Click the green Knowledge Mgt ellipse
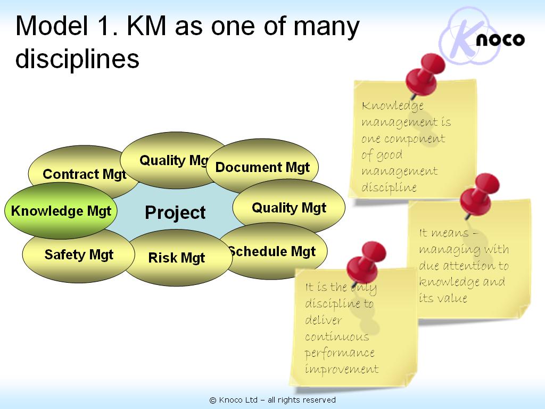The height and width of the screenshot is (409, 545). click(x=61, y=211)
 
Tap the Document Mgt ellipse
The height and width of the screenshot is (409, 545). click(x=262, y=167)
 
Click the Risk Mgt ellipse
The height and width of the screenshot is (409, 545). click(x=177, y=259)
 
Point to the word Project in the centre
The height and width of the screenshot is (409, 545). click(x=175, y=213)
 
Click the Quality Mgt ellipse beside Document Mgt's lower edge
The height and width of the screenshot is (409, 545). click(x=289, y=207)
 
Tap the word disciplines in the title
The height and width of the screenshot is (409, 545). click(x=77, y=59)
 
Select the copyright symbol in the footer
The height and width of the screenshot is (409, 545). click(x=213, y=400)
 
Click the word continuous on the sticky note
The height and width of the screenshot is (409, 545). click(x=337, y=337)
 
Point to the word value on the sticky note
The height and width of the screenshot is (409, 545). click(x=452, y=298)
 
